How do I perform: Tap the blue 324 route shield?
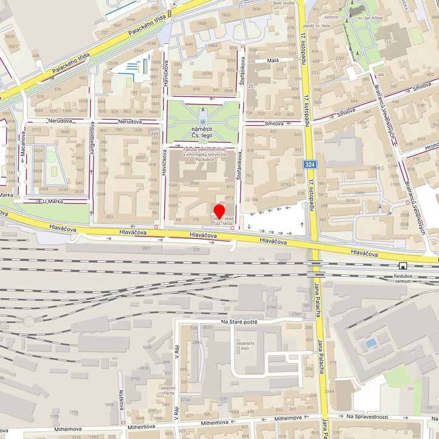click(x=310, y=165)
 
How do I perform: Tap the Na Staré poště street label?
click(x=239, y=322)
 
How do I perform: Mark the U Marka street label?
click(x=54, y=201)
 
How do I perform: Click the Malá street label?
click(x=272, y=61)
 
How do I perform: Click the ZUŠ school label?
click(x=154, y=134)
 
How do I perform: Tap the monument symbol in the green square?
click(x=203, y=122)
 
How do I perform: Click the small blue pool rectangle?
click(x=370, y=344)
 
